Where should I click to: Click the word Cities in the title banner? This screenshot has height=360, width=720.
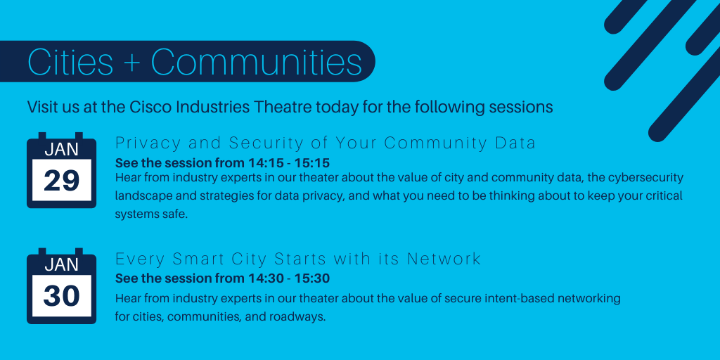[70, 62]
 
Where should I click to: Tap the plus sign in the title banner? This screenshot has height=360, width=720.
[131, 63]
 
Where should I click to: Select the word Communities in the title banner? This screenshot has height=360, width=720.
[256, 62]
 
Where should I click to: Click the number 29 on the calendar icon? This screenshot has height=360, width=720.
[62, 181]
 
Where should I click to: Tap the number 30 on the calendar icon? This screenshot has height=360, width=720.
[62, 296]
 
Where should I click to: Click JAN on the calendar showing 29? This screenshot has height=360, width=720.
[62, 150]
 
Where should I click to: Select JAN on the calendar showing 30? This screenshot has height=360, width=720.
[62, 265]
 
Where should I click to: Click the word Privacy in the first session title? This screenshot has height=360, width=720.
[148, 143]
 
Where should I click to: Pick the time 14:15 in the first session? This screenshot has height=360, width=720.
[263, 163]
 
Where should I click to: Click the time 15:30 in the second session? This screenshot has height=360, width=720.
[314, 278]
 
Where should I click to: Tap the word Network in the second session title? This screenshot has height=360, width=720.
[444, 259]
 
